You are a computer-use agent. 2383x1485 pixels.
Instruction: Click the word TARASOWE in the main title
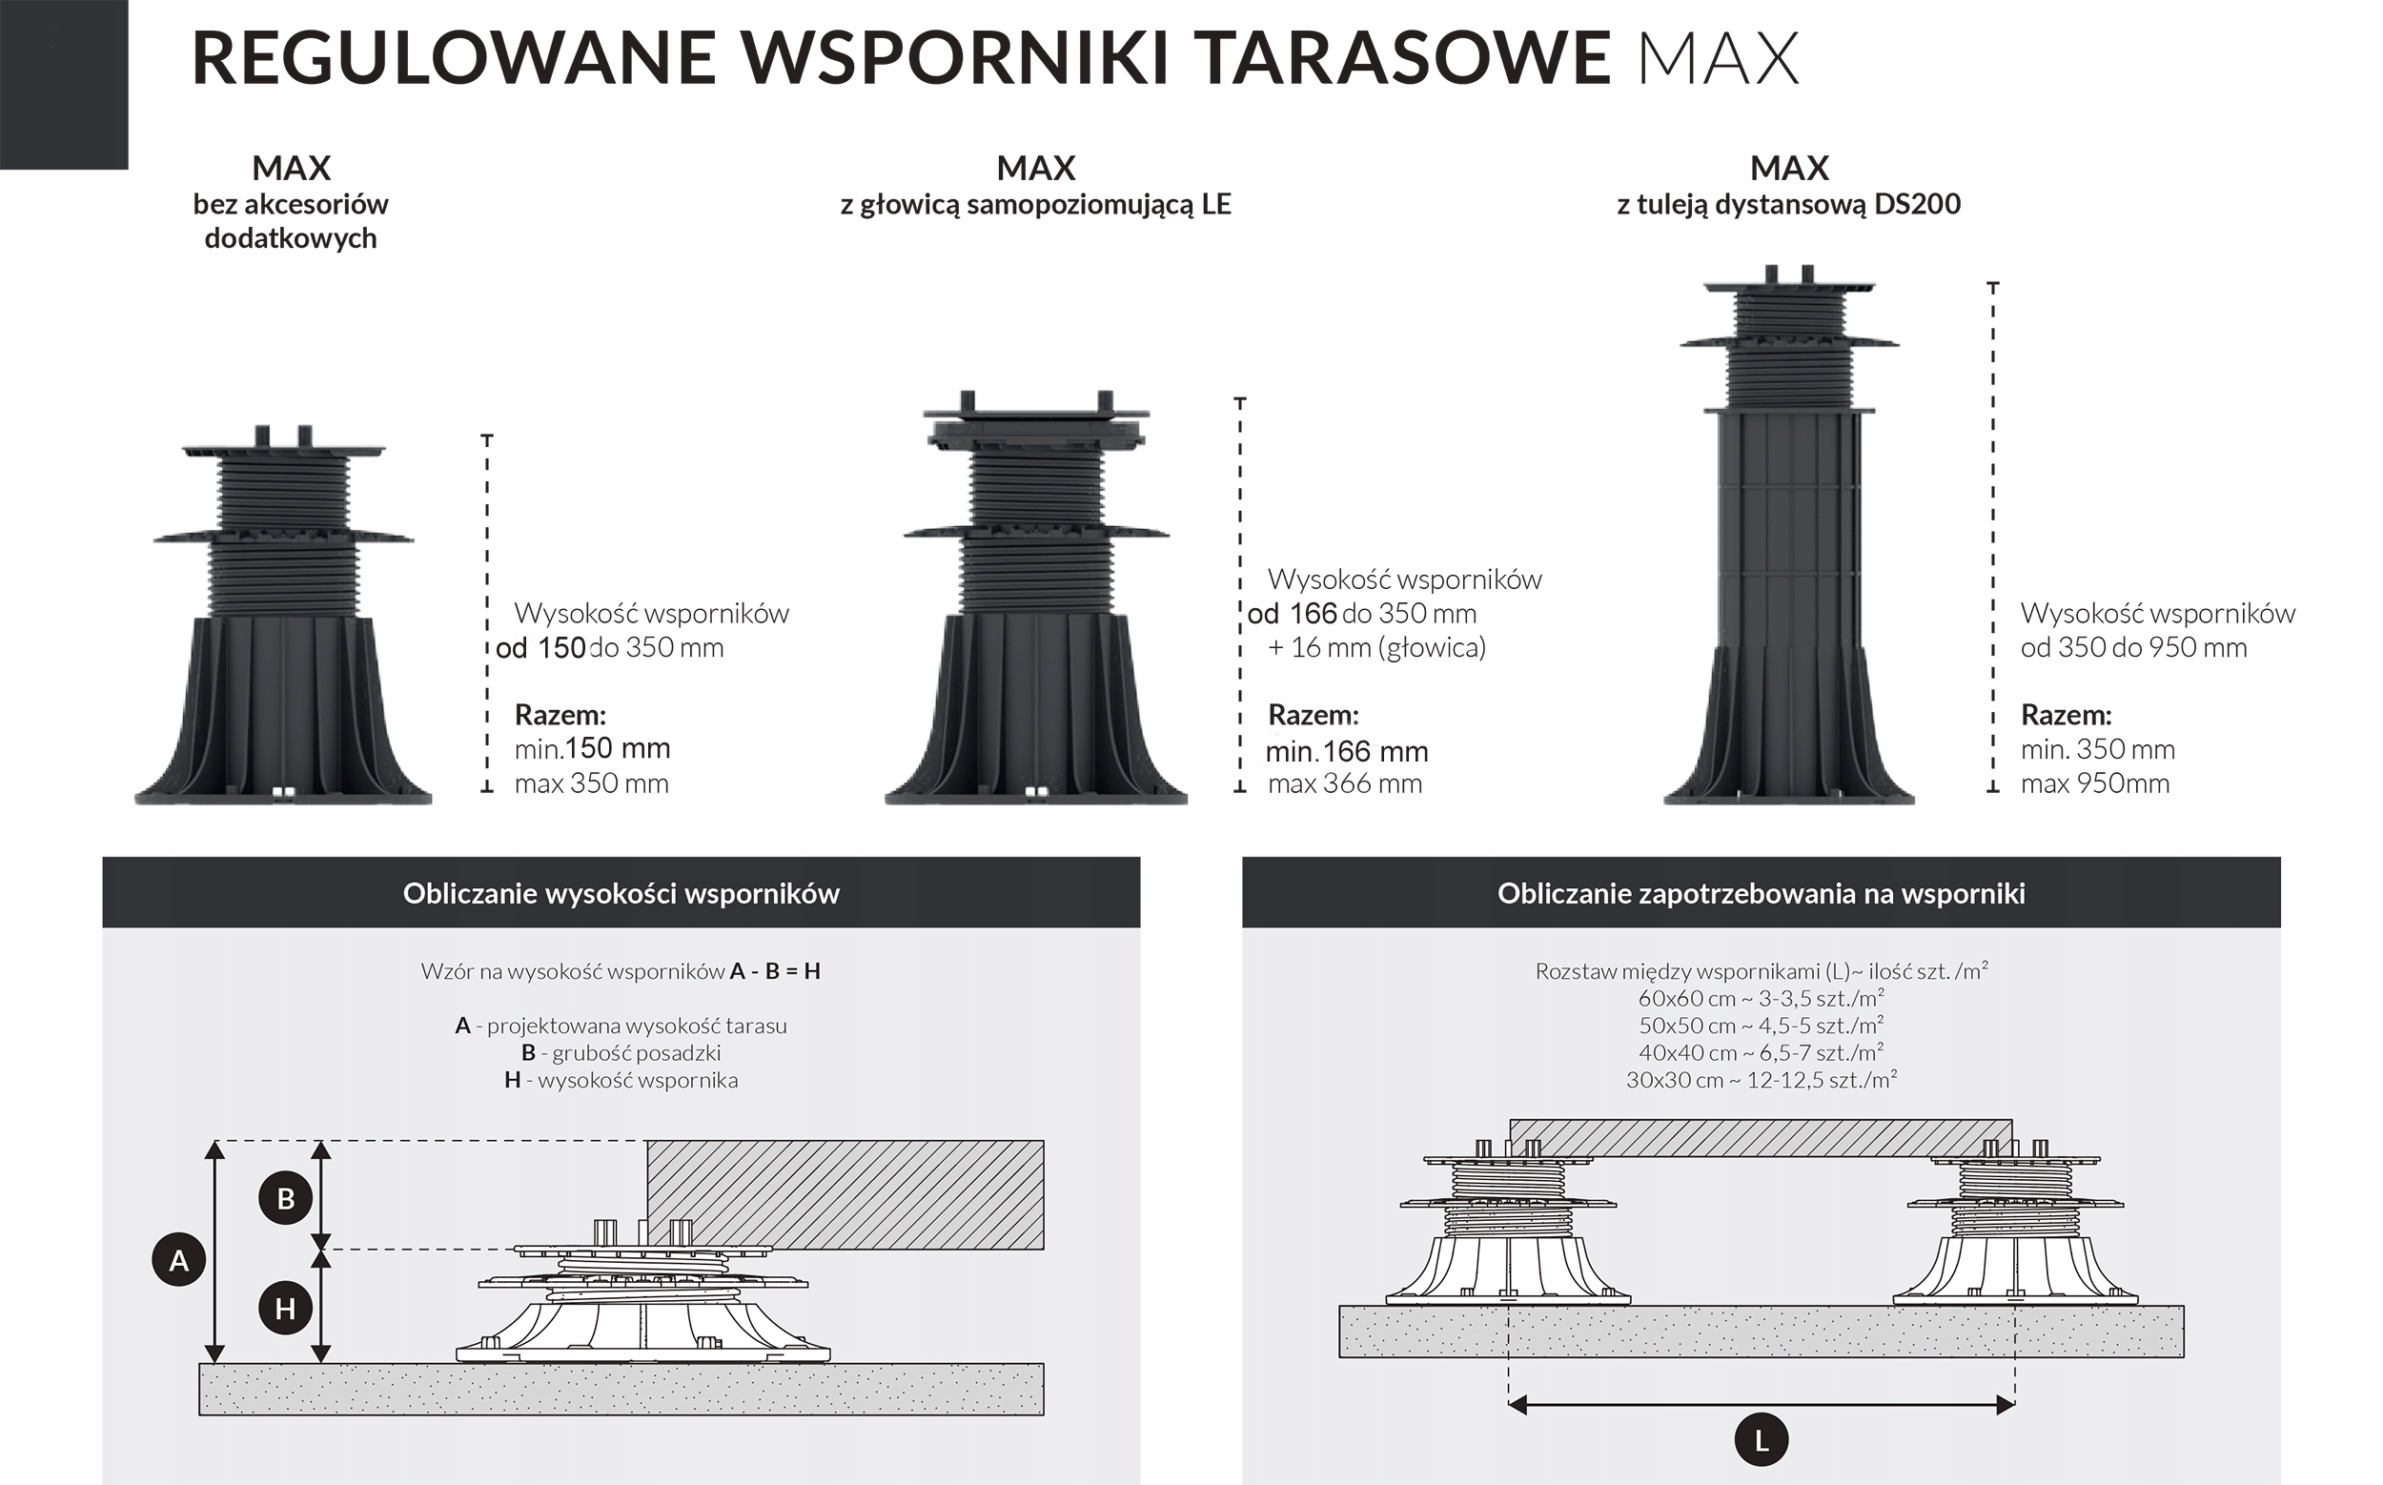(x=1405, y=57)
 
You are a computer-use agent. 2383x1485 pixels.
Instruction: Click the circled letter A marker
(x=179, y=1260)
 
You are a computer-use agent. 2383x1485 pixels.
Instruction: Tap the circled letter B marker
(x=286, y=1198)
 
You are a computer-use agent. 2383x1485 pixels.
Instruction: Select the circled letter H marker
(x=286, y=1309)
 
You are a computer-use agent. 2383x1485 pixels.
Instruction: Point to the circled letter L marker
(x=1762, y=1441)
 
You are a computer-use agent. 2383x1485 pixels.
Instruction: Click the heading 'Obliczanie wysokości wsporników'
(x=621, y=894)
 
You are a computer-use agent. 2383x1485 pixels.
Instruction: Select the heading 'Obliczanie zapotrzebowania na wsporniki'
(x=1761, y=894)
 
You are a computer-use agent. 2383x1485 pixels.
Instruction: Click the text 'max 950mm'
(x=2094, y=783)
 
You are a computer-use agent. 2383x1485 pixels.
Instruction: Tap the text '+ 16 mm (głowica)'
(x=1376, y=647)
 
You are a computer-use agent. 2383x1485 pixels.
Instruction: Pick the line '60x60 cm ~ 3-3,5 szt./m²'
(x=1761, y=999)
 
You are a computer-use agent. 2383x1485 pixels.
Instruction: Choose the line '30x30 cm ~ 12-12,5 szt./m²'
(x=1761, y=1080)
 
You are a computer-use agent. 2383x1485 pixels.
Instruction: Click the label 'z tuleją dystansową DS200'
(x=1788, y=204)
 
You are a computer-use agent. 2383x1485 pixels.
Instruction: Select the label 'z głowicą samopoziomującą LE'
(x=1035, y=204)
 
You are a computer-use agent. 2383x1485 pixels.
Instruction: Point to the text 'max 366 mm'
(x=1345, y=783)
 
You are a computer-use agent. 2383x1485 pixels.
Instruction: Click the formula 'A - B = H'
(x=775, y=971)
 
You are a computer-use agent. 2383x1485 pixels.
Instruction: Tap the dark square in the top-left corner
(x=64, y=85)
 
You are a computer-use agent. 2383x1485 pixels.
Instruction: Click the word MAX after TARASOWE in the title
(x=1719, y=59)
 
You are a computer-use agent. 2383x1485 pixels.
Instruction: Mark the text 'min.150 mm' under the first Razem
(x=592, y=749)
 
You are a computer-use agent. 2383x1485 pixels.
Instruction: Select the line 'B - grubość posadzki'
(x=621, y=1053)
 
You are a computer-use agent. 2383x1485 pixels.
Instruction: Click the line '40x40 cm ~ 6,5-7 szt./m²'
(x=1761, y=1053)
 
